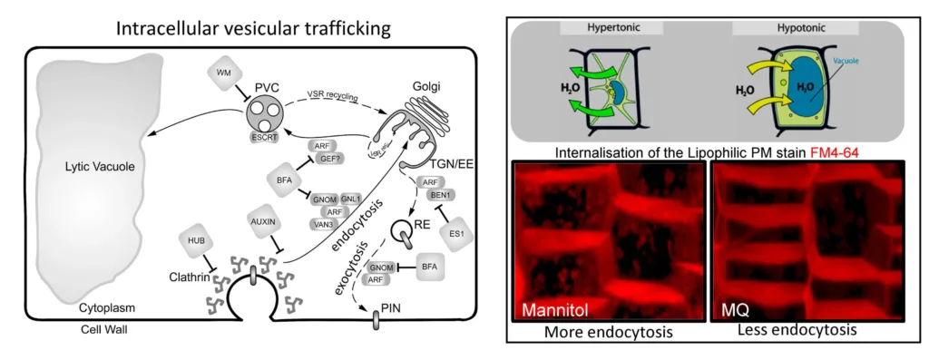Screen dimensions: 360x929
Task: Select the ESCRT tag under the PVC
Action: (262, 137)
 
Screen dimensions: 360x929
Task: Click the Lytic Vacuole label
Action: (89, 168)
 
